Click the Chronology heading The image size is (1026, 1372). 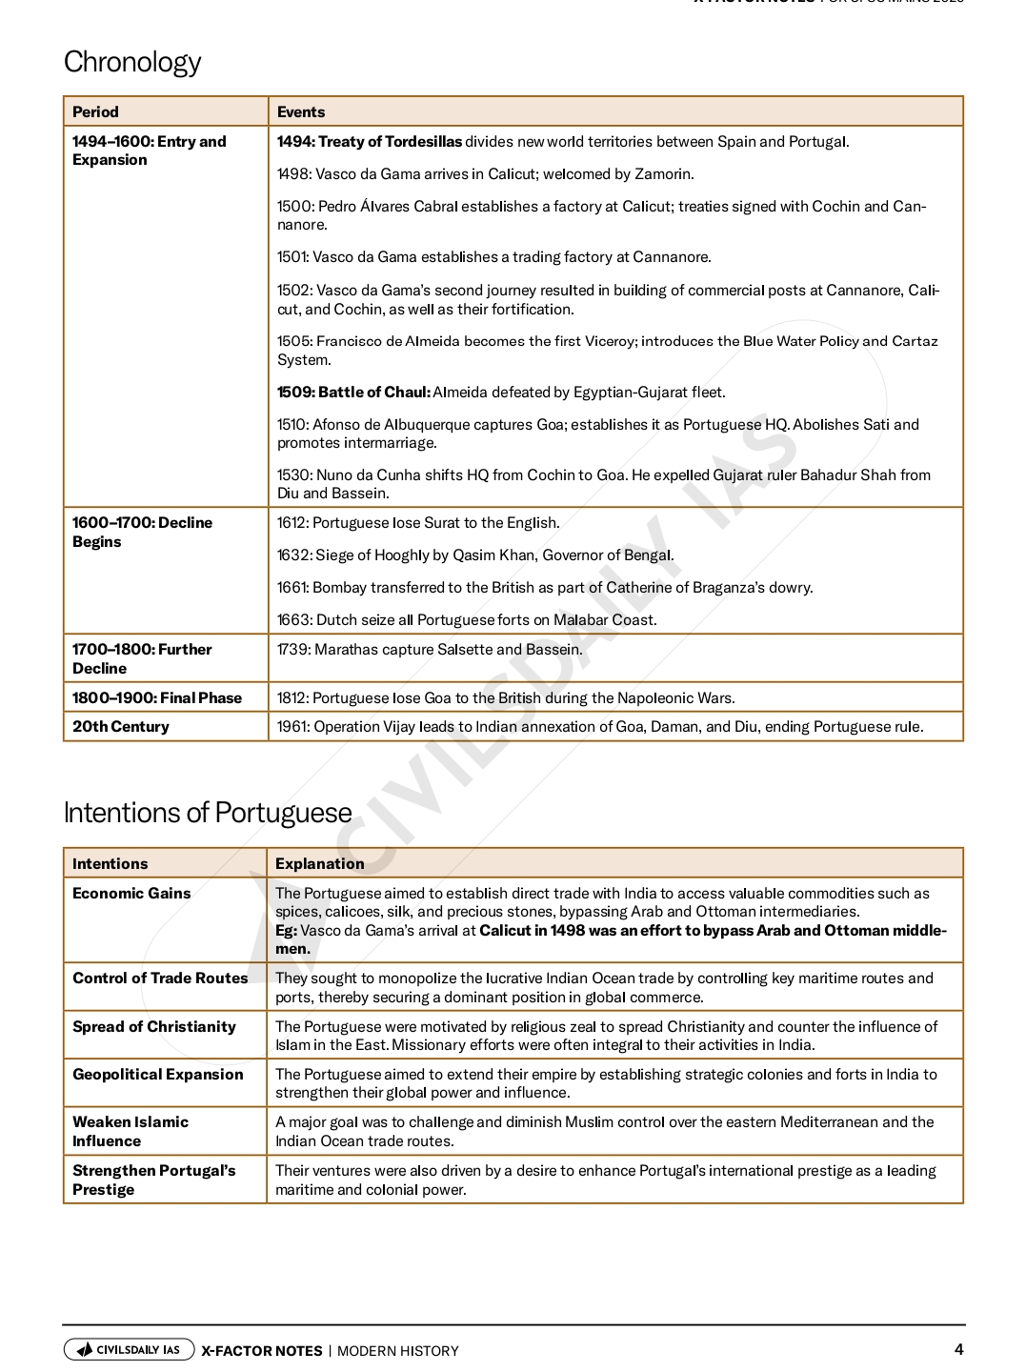(132, 62)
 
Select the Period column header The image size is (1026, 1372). (95, 111)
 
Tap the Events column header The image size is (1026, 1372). (301, 111)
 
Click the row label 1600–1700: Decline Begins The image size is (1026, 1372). (142, 532)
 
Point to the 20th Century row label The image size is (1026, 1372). (121, 726)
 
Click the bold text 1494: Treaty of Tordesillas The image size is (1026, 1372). (370, 141)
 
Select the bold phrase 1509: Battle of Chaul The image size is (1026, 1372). (353, 392)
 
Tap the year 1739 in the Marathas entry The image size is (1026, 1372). (292, 649)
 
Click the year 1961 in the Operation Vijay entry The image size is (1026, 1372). (292, 726)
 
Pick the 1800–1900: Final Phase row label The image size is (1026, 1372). (157, 697)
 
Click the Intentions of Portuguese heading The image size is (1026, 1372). (208, 813)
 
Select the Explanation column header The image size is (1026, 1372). (320, 863)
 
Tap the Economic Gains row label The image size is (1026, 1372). (131, 893)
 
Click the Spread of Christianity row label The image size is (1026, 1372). (154, 1026)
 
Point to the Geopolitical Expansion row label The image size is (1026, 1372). (158, 1074)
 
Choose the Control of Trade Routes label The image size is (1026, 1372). (160, 978)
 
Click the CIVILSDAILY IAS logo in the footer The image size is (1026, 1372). (130, 1349)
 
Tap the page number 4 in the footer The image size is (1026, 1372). (958, 1349)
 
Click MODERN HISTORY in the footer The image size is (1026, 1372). (398, 1350)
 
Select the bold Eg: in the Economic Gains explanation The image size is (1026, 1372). (286, 930)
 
